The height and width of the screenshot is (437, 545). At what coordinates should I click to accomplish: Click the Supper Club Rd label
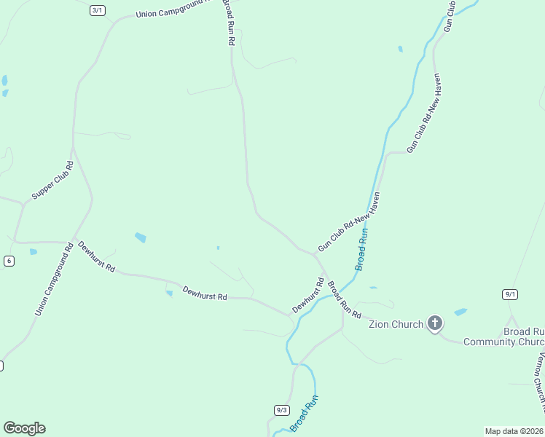click(53, 181)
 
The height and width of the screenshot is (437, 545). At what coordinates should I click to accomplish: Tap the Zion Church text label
click(396, 324)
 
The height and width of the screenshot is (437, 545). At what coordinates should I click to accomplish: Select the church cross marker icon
click(435, 323)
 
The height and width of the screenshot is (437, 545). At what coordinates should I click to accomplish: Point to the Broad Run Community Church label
click(503, 336)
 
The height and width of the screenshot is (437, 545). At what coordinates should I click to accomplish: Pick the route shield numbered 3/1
click(98, 10)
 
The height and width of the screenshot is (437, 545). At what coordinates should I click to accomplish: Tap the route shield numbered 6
click(9, 261)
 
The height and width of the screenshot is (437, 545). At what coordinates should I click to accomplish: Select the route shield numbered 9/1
click(510, 294)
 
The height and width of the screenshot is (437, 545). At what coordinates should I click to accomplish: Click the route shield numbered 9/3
click(282, 410)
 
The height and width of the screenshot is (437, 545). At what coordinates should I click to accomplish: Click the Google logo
click(24, 428)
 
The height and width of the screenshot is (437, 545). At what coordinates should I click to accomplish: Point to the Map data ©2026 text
click(514, 431)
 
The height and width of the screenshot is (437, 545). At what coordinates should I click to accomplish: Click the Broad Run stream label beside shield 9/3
click(305, 413)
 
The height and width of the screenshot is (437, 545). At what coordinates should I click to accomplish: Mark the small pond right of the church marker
click(460, 312)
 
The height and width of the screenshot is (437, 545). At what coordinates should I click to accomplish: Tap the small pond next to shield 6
click(34, 252)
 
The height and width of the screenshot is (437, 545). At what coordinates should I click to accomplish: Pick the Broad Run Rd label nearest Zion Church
click(344, 300)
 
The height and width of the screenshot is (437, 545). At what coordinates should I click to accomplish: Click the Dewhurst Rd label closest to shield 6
click(97, 256)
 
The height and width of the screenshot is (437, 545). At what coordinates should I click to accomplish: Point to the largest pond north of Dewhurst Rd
click(141, 237)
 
